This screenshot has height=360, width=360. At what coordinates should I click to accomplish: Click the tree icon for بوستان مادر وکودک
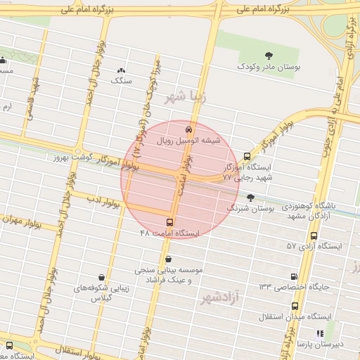(269, 56)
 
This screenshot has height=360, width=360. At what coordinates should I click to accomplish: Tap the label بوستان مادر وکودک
(268, 67)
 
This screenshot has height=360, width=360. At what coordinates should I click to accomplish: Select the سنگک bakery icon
(122, 70)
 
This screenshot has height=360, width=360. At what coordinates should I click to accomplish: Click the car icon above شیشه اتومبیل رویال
(188, 130)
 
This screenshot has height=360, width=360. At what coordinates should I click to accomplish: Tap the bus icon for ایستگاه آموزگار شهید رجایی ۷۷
(246, 157)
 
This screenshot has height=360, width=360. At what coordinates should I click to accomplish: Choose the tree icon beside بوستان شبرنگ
(251, 198)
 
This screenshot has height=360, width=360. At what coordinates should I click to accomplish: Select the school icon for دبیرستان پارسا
(320, 334)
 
